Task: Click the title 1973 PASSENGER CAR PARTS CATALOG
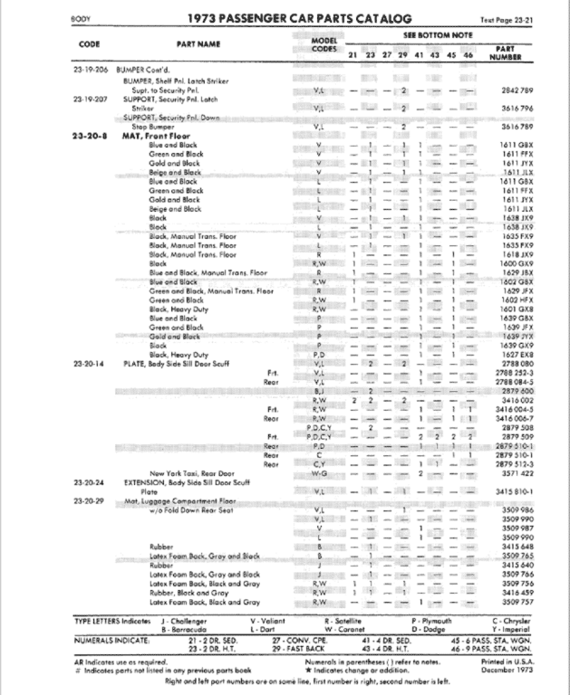(287, 18)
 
